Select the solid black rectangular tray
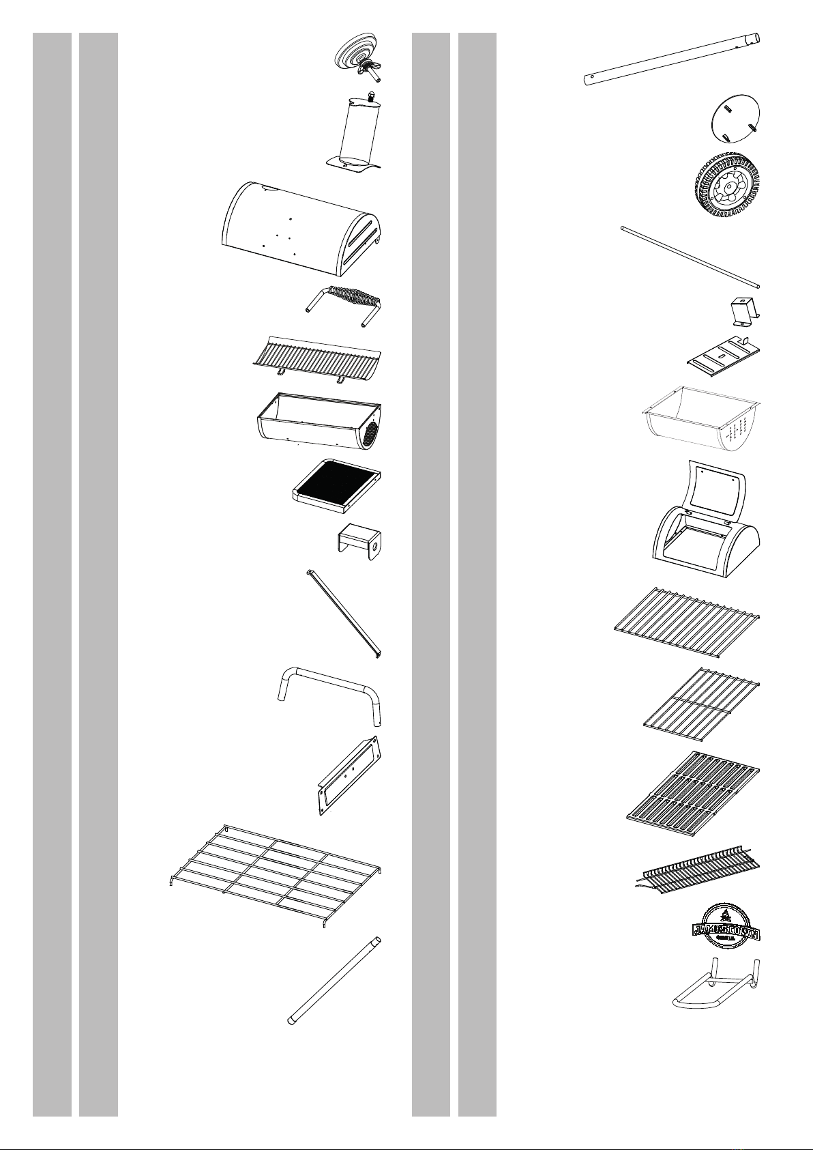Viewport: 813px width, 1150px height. click(x=336, y=485)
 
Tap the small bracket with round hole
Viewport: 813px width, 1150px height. click(x=360, y=541)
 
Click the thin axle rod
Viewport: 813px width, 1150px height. click(x=690, y=257)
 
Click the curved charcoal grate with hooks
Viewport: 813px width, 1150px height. click(x=314, y=358)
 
